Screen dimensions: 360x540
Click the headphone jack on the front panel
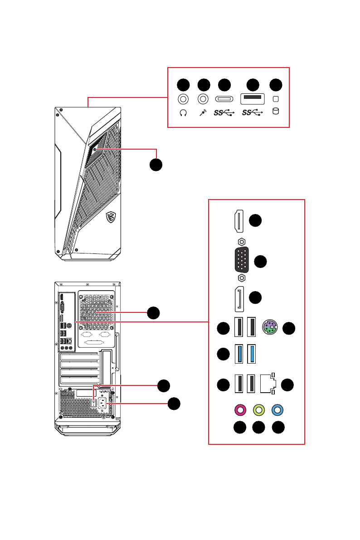[x=183, y=100]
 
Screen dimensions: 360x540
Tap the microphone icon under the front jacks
[x=203, y=112]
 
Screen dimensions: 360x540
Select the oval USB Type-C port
[x=224, y=99]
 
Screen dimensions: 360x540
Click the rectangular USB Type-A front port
[x=253, y=99]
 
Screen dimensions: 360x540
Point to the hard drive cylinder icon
[x=276, y=111]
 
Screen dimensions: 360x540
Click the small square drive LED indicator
[x=276, y=99]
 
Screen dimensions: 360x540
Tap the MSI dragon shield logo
[x=111, y=217]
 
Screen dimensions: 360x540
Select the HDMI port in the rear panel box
[x=239, y=221]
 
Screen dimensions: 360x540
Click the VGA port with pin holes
[x=242, y=260]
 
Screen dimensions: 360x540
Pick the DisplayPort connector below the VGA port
[x=239, y=299]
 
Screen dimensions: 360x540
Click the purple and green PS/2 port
[x=270, y=327]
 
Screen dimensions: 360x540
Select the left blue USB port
[x=239, y=354]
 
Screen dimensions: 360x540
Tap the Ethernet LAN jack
[x=268, y=383]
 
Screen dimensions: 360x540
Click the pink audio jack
[x=240, y=410]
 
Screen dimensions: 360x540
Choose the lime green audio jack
[x=259, y=410]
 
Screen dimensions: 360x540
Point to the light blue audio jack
[x=277, y=410]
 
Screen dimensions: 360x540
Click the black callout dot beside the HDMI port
[x=255, y=220]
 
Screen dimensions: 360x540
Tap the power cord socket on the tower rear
[x=102, y=403]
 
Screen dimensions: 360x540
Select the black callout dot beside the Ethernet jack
[x=287, y=384]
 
